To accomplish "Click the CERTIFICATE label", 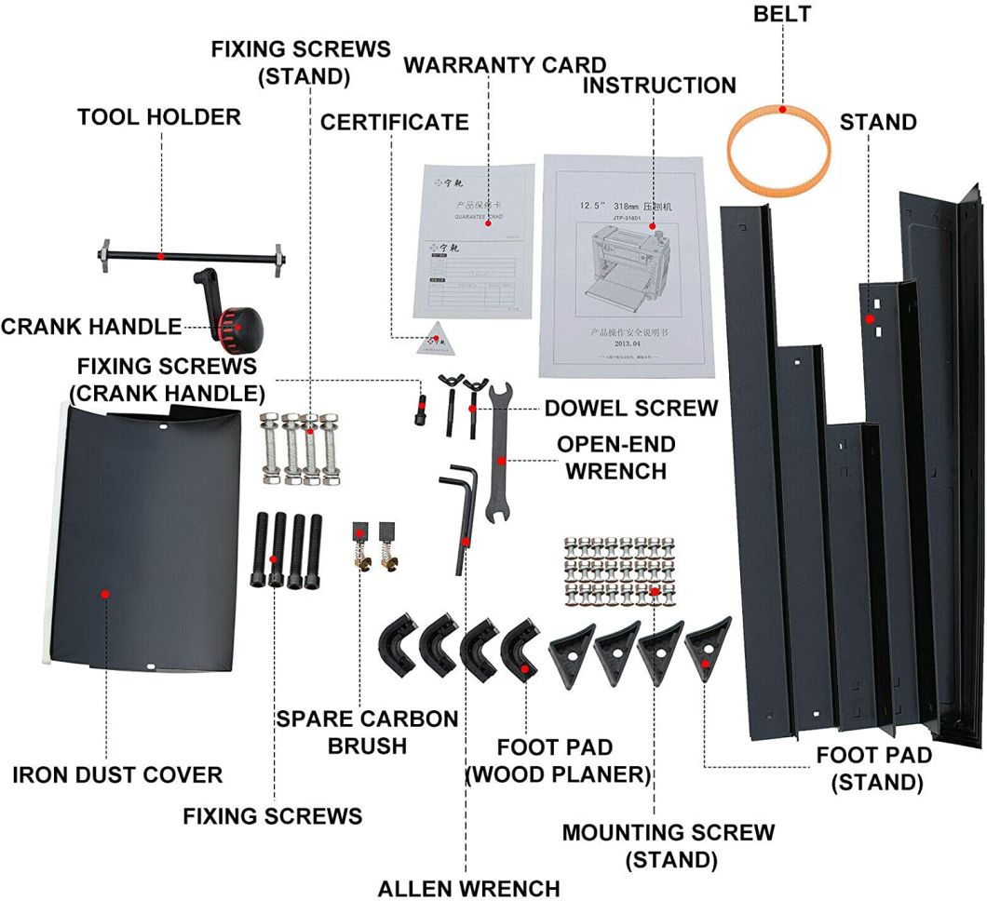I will (394, 122).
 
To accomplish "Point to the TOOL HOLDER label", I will (159, 117).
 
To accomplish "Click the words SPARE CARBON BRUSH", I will (367, 732).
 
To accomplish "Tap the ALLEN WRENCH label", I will (468, 887).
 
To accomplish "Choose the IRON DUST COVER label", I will (117, 774).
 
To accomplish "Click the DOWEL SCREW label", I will (630, 408).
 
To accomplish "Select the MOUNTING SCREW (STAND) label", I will (668, 844).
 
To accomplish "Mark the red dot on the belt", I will (783, 110).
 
